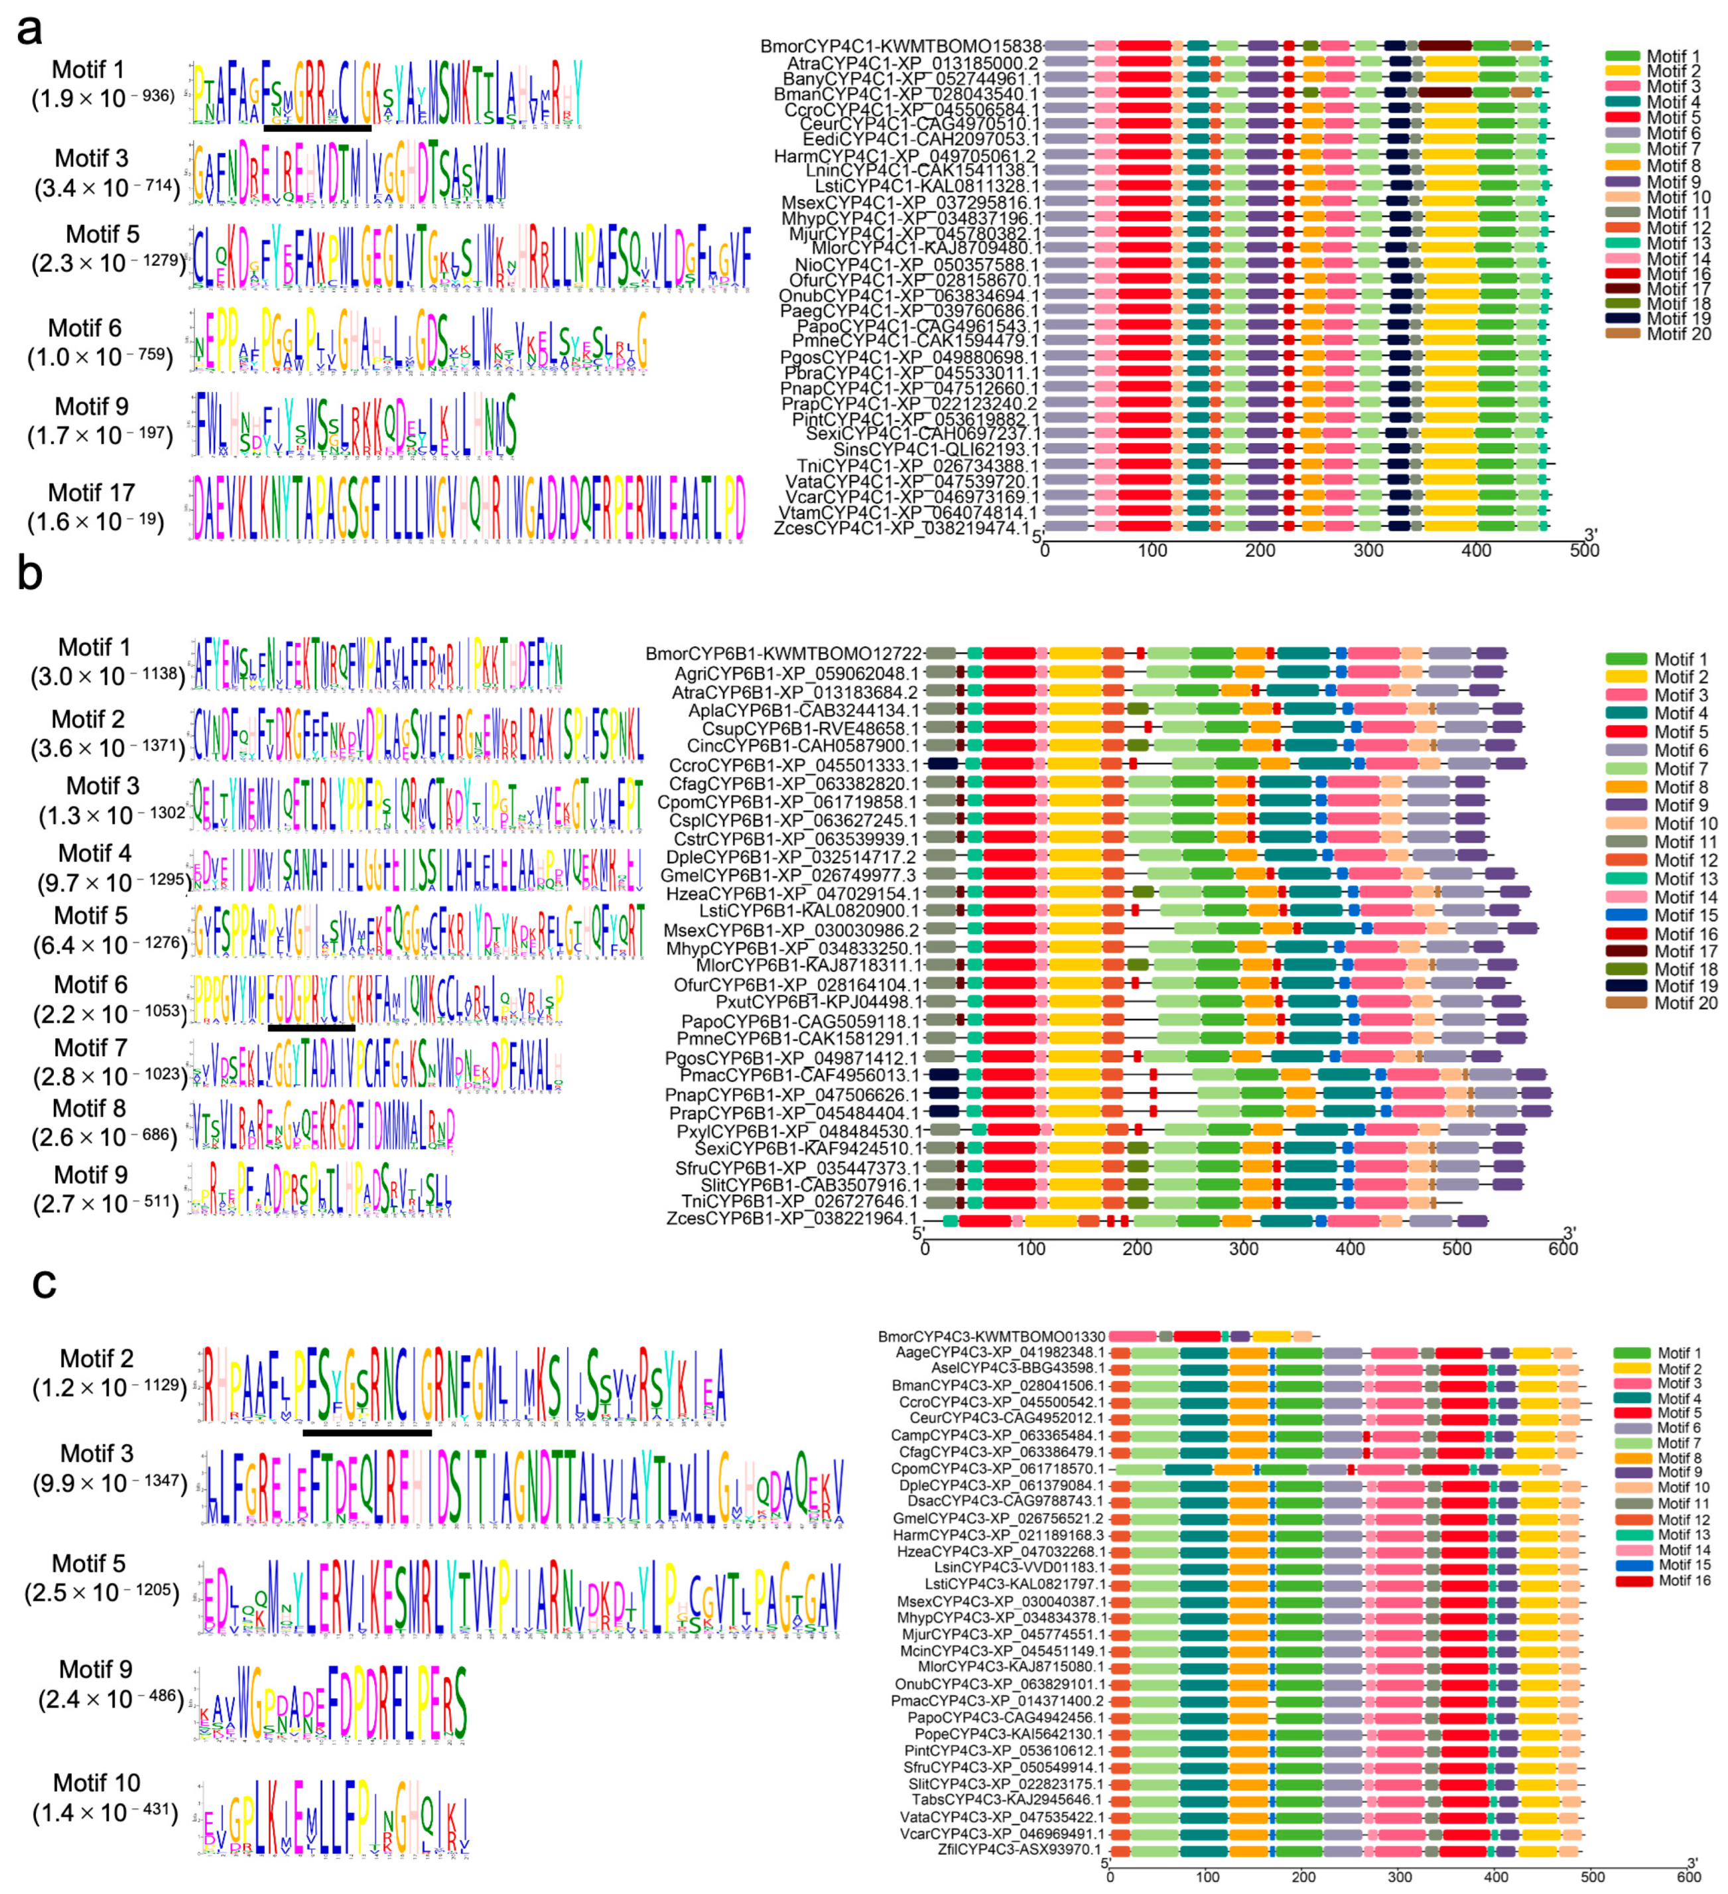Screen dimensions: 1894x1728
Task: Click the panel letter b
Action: point(29,573)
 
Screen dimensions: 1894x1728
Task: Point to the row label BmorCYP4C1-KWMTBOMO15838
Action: point(900,46)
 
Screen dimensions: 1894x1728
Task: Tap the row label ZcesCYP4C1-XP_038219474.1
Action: point(901,528)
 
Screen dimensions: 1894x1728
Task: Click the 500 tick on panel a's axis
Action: point(1584,551)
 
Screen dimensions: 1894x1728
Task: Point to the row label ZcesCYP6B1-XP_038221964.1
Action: point(792,1219)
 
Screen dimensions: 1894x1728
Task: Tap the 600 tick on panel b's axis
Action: point(1563,1249)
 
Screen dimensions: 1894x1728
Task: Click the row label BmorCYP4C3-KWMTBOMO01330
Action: point(991,1336)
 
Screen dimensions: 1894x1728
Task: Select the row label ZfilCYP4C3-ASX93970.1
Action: point(1019,1849)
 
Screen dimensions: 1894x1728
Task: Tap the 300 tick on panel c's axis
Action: point(1399,1878)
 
